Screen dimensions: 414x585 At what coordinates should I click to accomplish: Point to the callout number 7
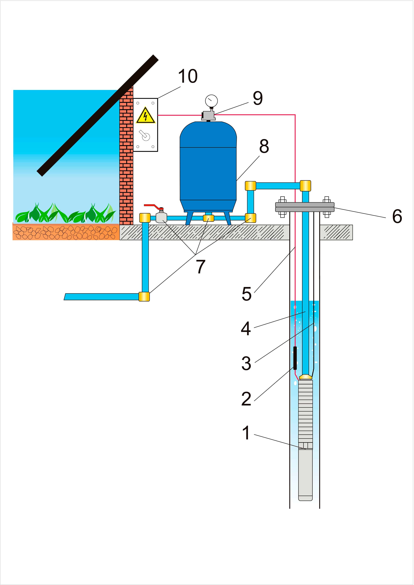(x=201, y=267)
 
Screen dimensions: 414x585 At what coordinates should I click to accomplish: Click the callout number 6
(x=397, y=216)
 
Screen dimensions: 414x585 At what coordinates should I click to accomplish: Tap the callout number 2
(x=246, y=399)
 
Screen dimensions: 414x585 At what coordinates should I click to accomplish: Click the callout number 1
(x=246, y=433)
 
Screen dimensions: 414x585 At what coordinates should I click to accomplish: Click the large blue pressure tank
(x=208, y=167)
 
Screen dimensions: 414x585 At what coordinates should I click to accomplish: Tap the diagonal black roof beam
(x=98, y=115)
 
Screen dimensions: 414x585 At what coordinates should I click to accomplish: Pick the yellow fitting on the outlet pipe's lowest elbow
(x=144, y=296)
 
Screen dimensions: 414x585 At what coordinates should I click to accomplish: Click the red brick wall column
(x=126, y=155)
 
